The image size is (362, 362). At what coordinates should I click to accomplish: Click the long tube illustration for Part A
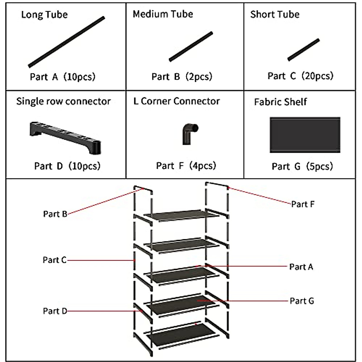coord(66,42)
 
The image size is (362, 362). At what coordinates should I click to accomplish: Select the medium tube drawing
coord(191,47)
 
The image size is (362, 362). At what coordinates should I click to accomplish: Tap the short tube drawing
coord(303,50)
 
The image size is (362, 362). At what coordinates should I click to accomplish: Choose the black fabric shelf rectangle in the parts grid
coord(305,135)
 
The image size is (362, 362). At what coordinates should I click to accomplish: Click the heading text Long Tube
coord(44,14)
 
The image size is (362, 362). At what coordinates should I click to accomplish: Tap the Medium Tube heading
coord(163,14)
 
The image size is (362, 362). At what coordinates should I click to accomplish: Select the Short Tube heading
coord(275,14)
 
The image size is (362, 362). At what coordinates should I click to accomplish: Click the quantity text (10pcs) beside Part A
coord(80,77)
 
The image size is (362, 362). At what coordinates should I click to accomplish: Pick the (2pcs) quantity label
coord(198,77)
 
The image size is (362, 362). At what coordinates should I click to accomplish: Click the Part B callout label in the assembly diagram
coord(55,214)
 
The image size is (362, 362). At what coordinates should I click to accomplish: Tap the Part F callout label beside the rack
coord(303,204)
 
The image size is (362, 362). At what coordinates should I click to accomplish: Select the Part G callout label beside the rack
coord(302,301)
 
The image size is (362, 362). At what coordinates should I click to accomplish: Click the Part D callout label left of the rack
coord(55,311)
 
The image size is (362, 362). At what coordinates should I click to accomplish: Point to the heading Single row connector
coord(63,101)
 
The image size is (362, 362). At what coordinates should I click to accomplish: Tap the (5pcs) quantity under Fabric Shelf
coord(319,166)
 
